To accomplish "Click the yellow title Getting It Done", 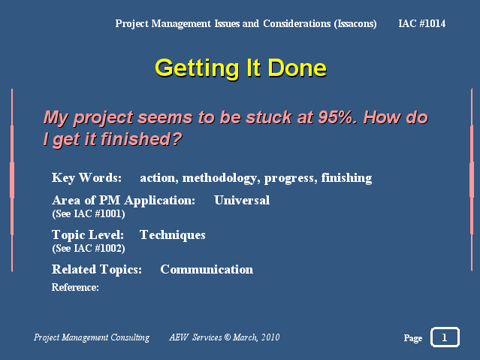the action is coord(240,68).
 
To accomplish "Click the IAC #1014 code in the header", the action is coord(422,23).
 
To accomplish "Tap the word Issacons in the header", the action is coord(355,24).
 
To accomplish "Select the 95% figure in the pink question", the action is coord(335,117).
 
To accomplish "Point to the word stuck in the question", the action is coord(269,117).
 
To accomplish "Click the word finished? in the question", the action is coord(141,139).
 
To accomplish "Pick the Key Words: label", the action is coord(86,178).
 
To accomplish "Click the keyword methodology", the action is coord(219,178).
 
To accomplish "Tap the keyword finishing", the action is coord(346,178).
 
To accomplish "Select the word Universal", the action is coord(242,201).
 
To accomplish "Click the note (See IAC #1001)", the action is coord(89,213).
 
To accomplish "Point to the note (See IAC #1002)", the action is coord(89,248).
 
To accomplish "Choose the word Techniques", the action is coord(173,235).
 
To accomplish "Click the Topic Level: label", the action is coord(88,235).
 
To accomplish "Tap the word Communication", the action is coord(207,270).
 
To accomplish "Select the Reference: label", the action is coord(75,287).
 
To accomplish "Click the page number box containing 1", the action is coord(445,337).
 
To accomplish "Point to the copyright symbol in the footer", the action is coord(227,337).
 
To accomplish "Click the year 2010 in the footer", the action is coord(270,337).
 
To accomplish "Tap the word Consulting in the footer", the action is coord(130,337).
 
